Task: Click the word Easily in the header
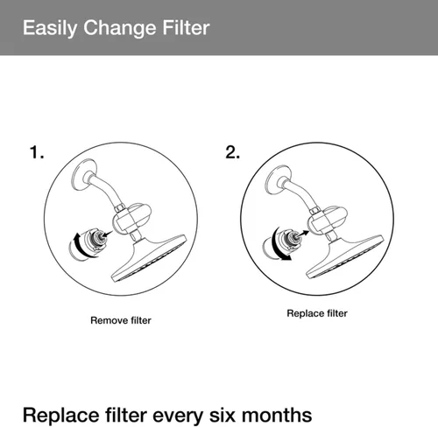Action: [50, 28]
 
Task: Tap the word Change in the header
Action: [120, 28]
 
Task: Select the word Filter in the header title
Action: [186, 27]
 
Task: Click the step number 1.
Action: [37, 152]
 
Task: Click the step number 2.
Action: [232, 152]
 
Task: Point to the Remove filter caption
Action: [121, 320]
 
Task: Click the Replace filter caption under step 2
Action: [317, 313]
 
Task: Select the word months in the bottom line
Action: [277, 415]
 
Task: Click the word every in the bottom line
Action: [178, 416]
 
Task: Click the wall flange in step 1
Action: [84, 175]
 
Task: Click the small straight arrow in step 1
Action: [107, 234]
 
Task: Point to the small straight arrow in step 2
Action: [303, 234]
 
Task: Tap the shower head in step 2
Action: [344, 256]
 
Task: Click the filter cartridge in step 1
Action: [88, 244]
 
